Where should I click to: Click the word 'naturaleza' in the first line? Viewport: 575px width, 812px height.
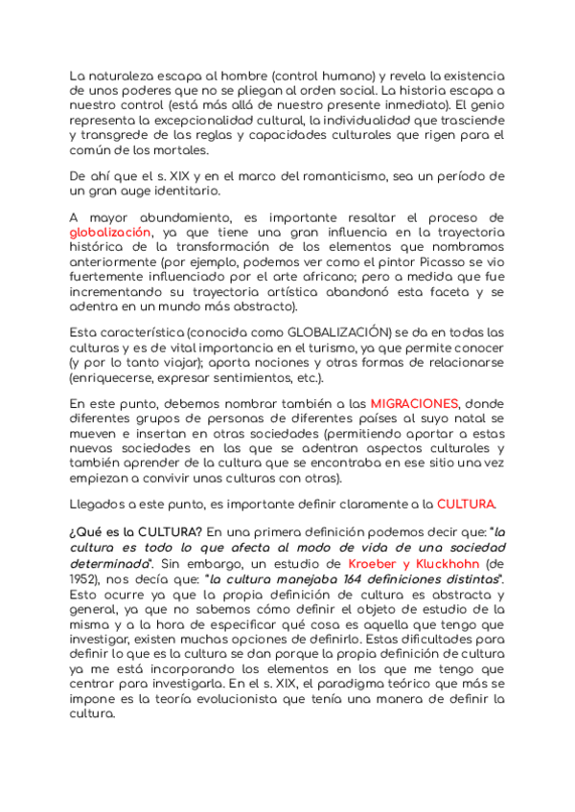tap(119, 76)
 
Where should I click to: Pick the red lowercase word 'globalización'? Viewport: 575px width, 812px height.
tap(110, 233)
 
